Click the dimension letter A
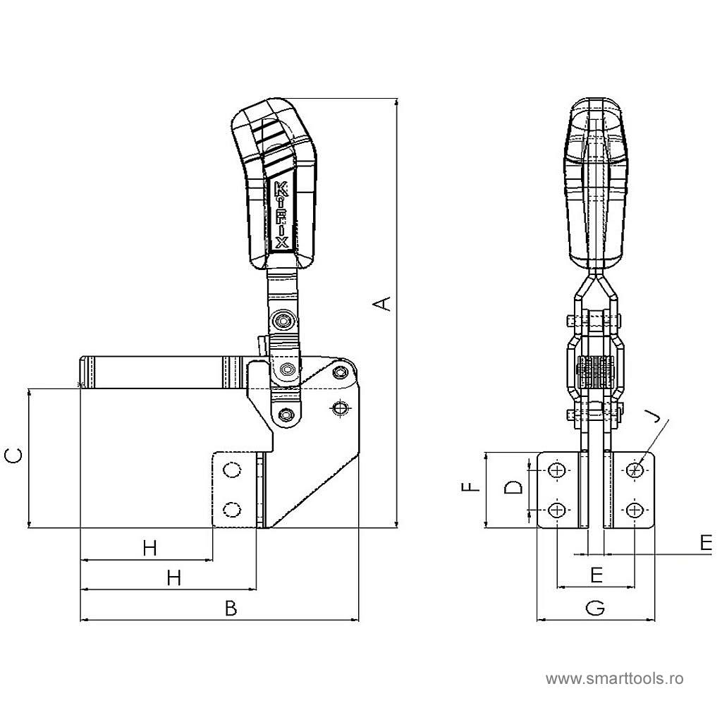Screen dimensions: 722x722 [381, 304]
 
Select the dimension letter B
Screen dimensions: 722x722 [231, 608]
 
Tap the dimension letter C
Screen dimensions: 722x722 [13, 456]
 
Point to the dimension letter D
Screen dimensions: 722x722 [513, 487]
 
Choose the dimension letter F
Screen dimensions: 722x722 [470, 487]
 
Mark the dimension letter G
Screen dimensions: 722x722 [595, 608]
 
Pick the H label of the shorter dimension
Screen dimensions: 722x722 [150, 549]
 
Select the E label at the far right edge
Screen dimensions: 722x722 [706, 544]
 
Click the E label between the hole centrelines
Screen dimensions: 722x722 [596, 575]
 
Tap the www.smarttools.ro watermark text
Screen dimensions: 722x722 [615, 679]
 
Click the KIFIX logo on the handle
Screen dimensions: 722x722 [281, 215]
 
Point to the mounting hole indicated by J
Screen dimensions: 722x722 [635, 470]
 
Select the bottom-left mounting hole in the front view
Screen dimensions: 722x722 [557, 510]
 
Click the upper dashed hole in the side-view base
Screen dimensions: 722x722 [231, 470]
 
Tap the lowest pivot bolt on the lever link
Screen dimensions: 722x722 [286, 415]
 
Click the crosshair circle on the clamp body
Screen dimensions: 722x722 [341, 408]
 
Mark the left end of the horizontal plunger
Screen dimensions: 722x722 [82, 372]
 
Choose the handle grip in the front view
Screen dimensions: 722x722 [596, 184]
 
